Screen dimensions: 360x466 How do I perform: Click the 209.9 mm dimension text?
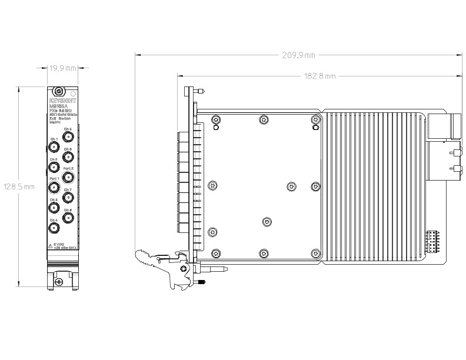click(x=299, y=55)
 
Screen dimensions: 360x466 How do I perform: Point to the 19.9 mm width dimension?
click(x=62, y=69)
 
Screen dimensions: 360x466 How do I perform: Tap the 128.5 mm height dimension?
click(x=19, y=186)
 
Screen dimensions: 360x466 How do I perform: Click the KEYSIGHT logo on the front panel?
click(x=59, y=101)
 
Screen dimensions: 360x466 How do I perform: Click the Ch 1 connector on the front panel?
click(x=54, y=147)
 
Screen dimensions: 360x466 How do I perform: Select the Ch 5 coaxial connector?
click(x=68, y=137)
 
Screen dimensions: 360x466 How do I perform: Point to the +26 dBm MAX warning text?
click(x=65, y=248)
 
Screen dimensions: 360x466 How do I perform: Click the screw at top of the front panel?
click(x=58, y=92)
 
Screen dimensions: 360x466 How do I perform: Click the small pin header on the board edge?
click(x=431, y=241)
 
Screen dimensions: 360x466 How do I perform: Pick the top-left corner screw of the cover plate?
click(x=216, y=120)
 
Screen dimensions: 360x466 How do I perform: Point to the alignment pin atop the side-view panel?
click(x=201, y=92)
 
